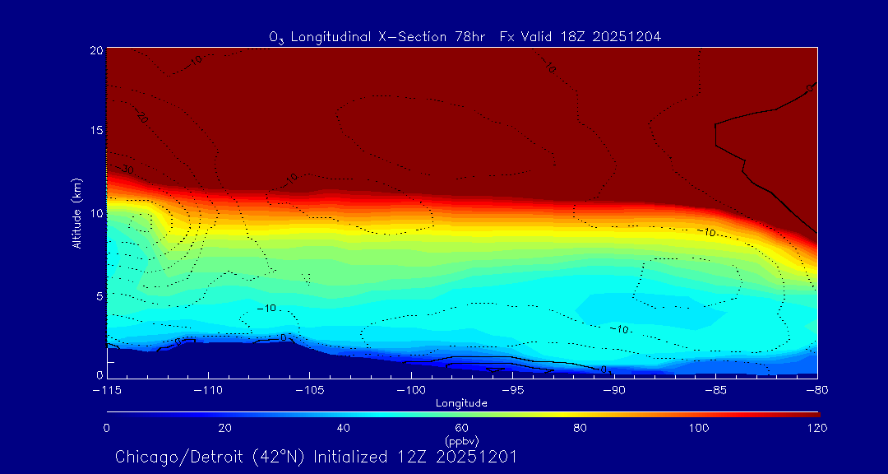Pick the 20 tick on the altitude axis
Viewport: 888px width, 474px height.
click(x=95, y=50)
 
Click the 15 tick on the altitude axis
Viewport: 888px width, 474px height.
click(x=95, y=132)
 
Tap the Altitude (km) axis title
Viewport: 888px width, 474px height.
click(x=76, y=213)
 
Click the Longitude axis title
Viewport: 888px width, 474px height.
click(x=461, y=403)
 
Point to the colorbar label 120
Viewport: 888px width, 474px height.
click(x=817, y=428)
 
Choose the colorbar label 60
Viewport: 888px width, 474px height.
click(x=461, y=428)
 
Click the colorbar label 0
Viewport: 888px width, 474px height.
click(x=107, y=428)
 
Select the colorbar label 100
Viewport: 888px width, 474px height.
click(x=699, y=428)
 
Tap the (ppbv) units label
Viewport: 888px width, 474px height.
click(x=461, y=441)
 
